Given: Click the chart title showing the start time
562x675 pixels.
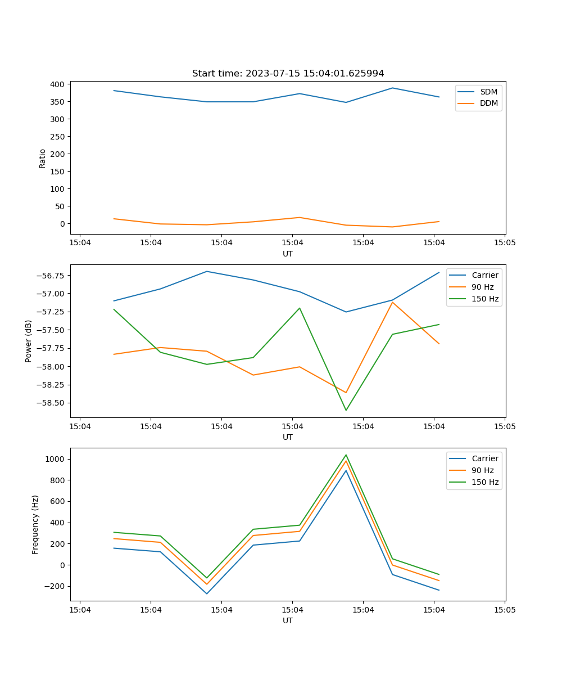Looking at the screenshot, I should [288, 74].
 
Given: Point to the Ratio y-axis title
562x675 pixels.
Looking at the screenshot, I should [43, 158].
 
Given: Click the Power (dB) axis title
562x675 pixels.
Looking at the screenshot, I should [29, 341].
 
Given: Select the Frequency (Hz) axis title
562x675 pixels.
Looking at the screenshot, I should [35, 524].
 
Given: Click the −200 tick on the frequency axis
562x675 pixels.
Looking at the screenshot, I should [56, 586].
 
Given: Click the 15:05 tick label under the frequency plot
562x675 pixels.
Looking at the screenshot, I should [504, 610].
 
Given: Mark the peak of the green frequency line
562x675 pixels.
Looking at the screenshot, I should [346, 455].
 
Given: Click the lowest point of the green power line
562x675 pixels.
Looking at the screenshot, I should [346, 410].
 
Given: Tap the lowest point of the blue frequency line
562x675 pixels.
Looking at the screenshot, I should [207, 593].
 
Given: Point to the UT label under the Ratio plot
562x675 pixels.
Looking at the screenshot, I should [288, 254].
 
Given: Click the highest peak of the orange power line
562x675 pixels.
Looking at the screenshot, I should [392, 302].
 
